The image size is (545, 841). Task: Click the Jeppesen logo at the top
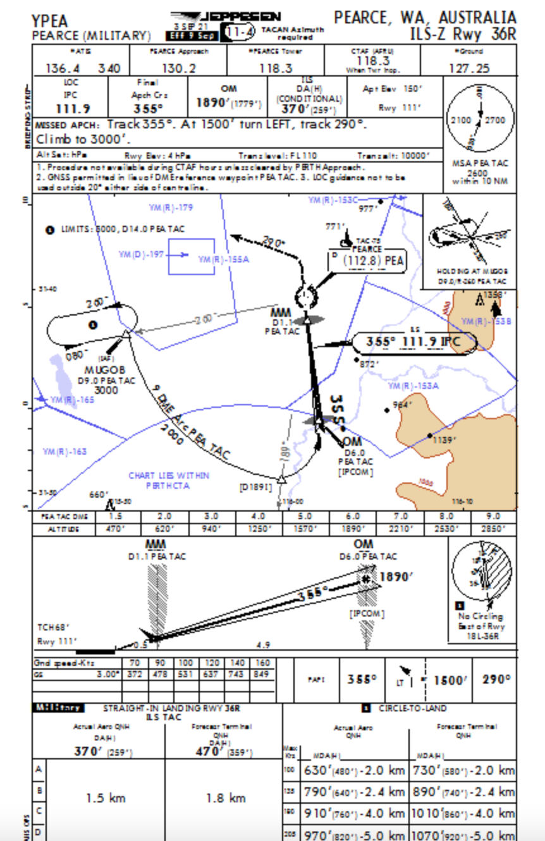[226, 16]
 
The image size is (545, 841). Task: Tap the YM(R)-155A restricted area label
[223, 259]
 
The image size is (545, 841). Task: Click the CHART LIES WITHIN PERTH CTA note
[169, 481]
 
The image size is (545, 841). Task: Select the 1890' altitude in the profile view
[396, 577]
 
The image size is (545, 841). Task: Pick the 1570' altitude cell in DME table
[306, 529]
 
